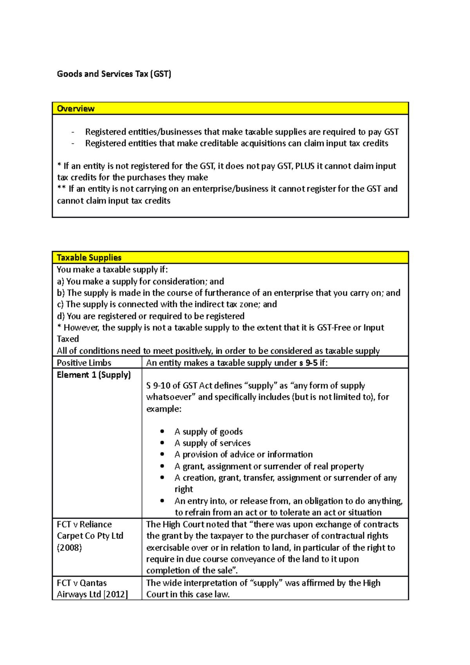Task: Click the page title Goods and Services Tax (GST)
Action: [114, 74]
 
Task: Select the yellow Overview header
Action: [230, 108]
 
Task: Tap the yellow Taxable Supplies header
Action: [230, 257]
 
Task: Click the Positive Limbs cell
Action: [84, 363]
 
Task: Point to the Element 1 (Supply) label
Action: [94, 375]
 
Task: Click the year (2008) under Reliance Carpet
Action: [69, 548]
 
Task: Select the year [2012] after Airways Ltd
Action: [116, 594]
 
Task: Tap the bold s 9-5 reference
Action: [309, 363]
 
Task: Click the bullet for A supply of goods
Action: [162, 432]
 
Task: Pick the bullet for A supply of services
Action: [162, 443]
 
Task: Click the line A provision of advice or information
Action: [243, 454]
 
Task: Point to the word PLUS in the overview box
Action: [305, 166]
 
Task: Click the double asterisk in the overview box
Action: [61, 189]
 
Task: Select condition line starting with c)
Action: [167, 304]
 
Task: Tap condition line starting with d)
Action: [151, 316]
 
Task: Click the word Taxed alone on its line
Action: [68, 339]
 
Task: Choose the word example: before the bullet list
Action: [164, 409]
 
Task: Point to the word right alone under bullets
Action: [184, 489]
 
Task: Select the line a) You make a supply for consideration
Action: [140, 281]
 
